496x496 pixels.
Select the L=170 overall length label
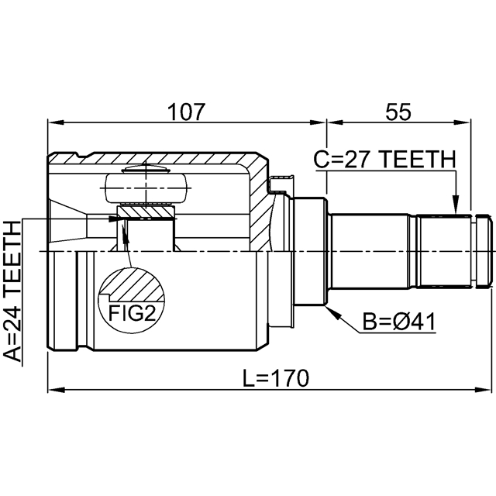275,378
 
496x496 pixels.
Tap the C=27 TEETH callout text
384,160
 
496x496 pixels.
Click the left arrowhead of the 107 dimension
53,122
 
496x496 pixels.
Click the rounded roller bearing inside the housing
145,187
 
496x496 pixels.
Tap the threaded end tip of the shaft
485,250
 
